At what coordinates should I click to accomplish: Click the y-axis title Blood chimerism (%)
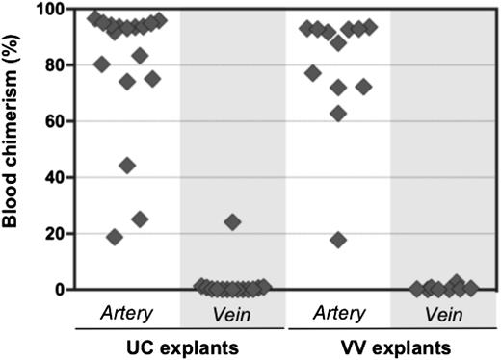pyautogui.click(x=13, y=149)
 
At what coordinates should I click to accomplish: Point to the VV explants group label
pyautogui.click(x=390, y=344)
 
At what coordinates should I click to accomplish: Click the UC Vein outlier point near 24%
pyautogui.click(x=232, y=222)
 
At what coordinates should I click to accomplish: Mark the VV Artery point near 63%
pyautogui.click(x=338, y=114)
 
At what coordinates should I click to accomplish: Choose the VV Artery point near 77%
pyautogui.click(x=313, y=73)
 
